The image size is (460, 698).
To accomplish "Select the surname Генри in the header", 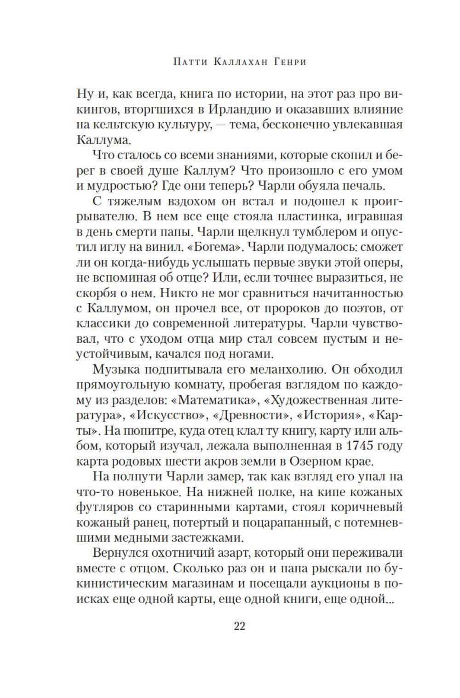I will (x=288, y=62).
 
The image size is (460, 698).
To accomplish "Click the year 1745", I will (x=360, y=445).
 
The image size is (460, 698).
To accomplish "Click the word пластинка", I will (x=307, y=216).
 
